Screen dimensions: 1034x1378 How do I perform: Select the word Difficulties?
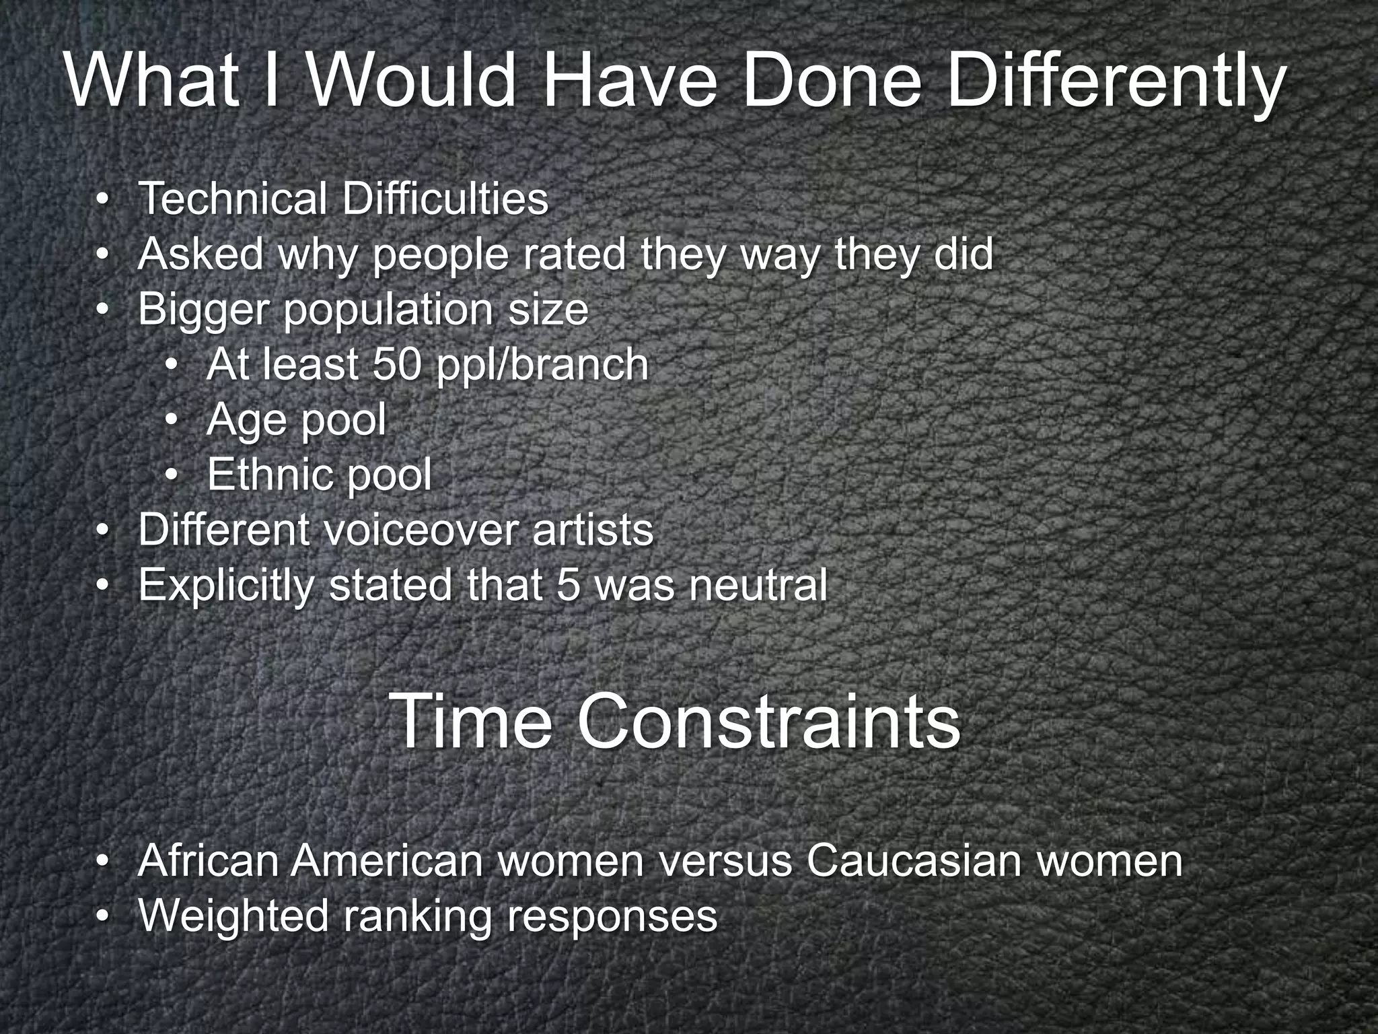pyautogui.click(x=445, y=199)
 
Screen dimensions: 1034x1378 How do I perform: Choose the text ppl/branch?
pyautogui.click(x=542, y=365)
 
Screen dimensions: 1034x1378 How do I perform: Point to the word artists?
pyautogui.click(x=592, y=530)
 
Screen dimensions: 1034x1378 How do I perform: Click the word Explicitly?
pyautogui.click(x=226, y=585)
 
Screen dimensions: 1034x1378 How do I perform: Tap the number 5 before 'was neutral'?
pyautogui.click(x=569, y=585)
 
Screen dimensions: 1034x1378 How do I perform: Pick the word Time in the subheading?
pyautogui.click(x=470, y=722)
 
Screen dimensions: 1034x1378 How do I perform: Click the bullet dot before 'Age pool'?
pyautogui.click(x=172, y=421)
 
